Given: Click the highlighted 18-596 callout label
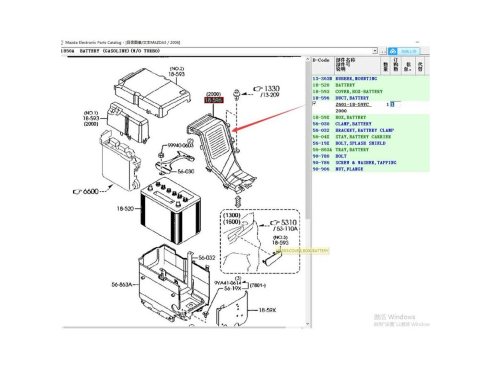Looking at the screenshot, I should tap(213, 101).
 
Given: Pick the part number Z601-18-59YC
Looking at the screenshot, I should tap(352, 104).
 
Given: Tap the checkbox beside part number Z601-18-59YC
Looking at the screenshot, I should tap(314, 103).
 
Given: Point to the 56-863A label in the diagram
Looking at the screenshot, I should tap(122, 285).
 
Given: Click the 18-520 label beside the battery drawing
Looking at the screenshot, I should tap(125, 208).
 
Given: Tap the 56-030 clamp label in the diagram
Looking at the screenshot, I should tap(186, 171).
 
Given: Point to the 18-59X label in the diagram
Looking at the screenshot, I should tap(267, 310).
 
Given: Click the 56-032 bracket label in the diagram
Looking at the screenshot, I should tap(208, 258).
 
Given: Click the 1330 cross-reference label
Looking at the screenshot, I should tap(272, 89).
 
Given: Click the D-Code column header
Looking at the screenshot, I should tap(321, 60).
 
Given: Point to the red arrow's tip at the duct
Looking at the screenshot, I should tap(232, 130).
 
